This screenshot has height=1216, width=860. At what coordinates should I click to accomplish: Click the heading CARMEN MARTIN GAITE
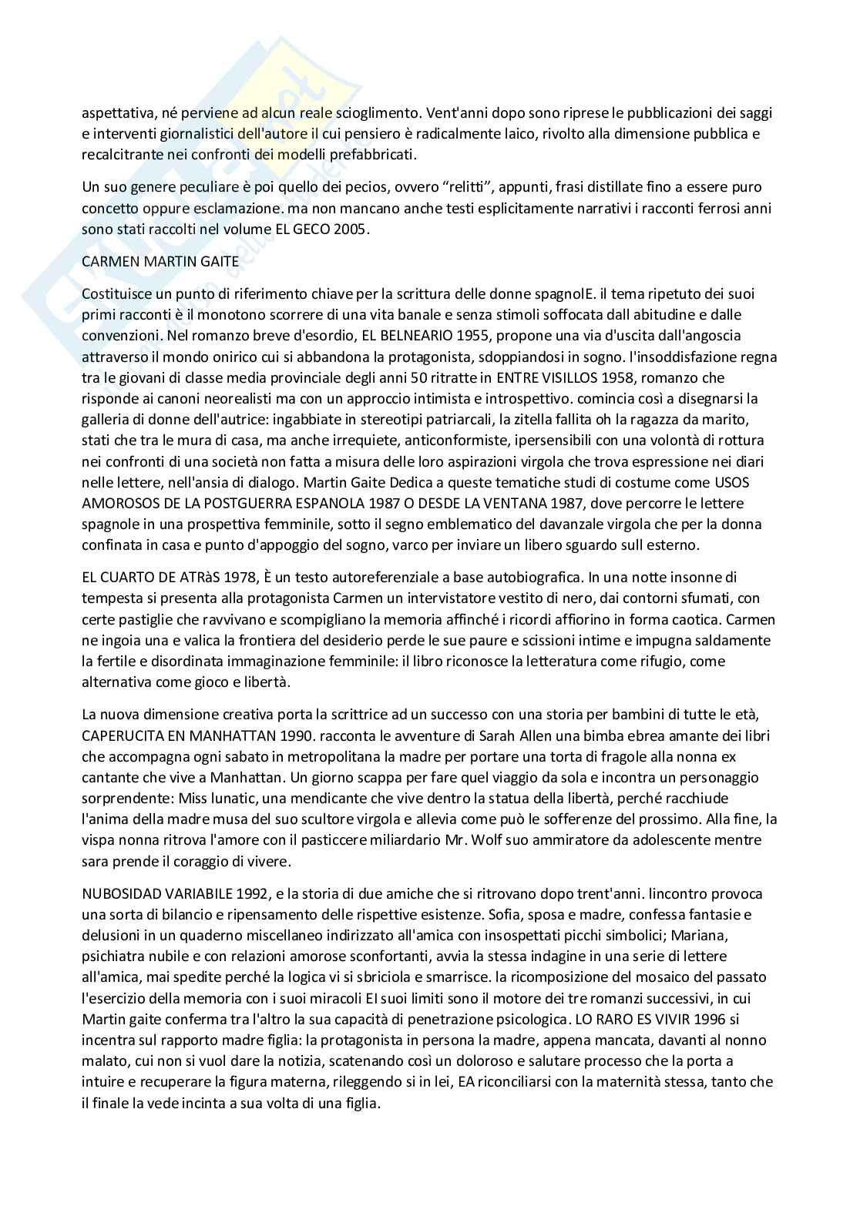click(160, 261)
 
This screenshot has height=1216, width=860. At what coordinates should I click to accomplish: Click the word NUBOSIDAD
click(118, 894)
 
